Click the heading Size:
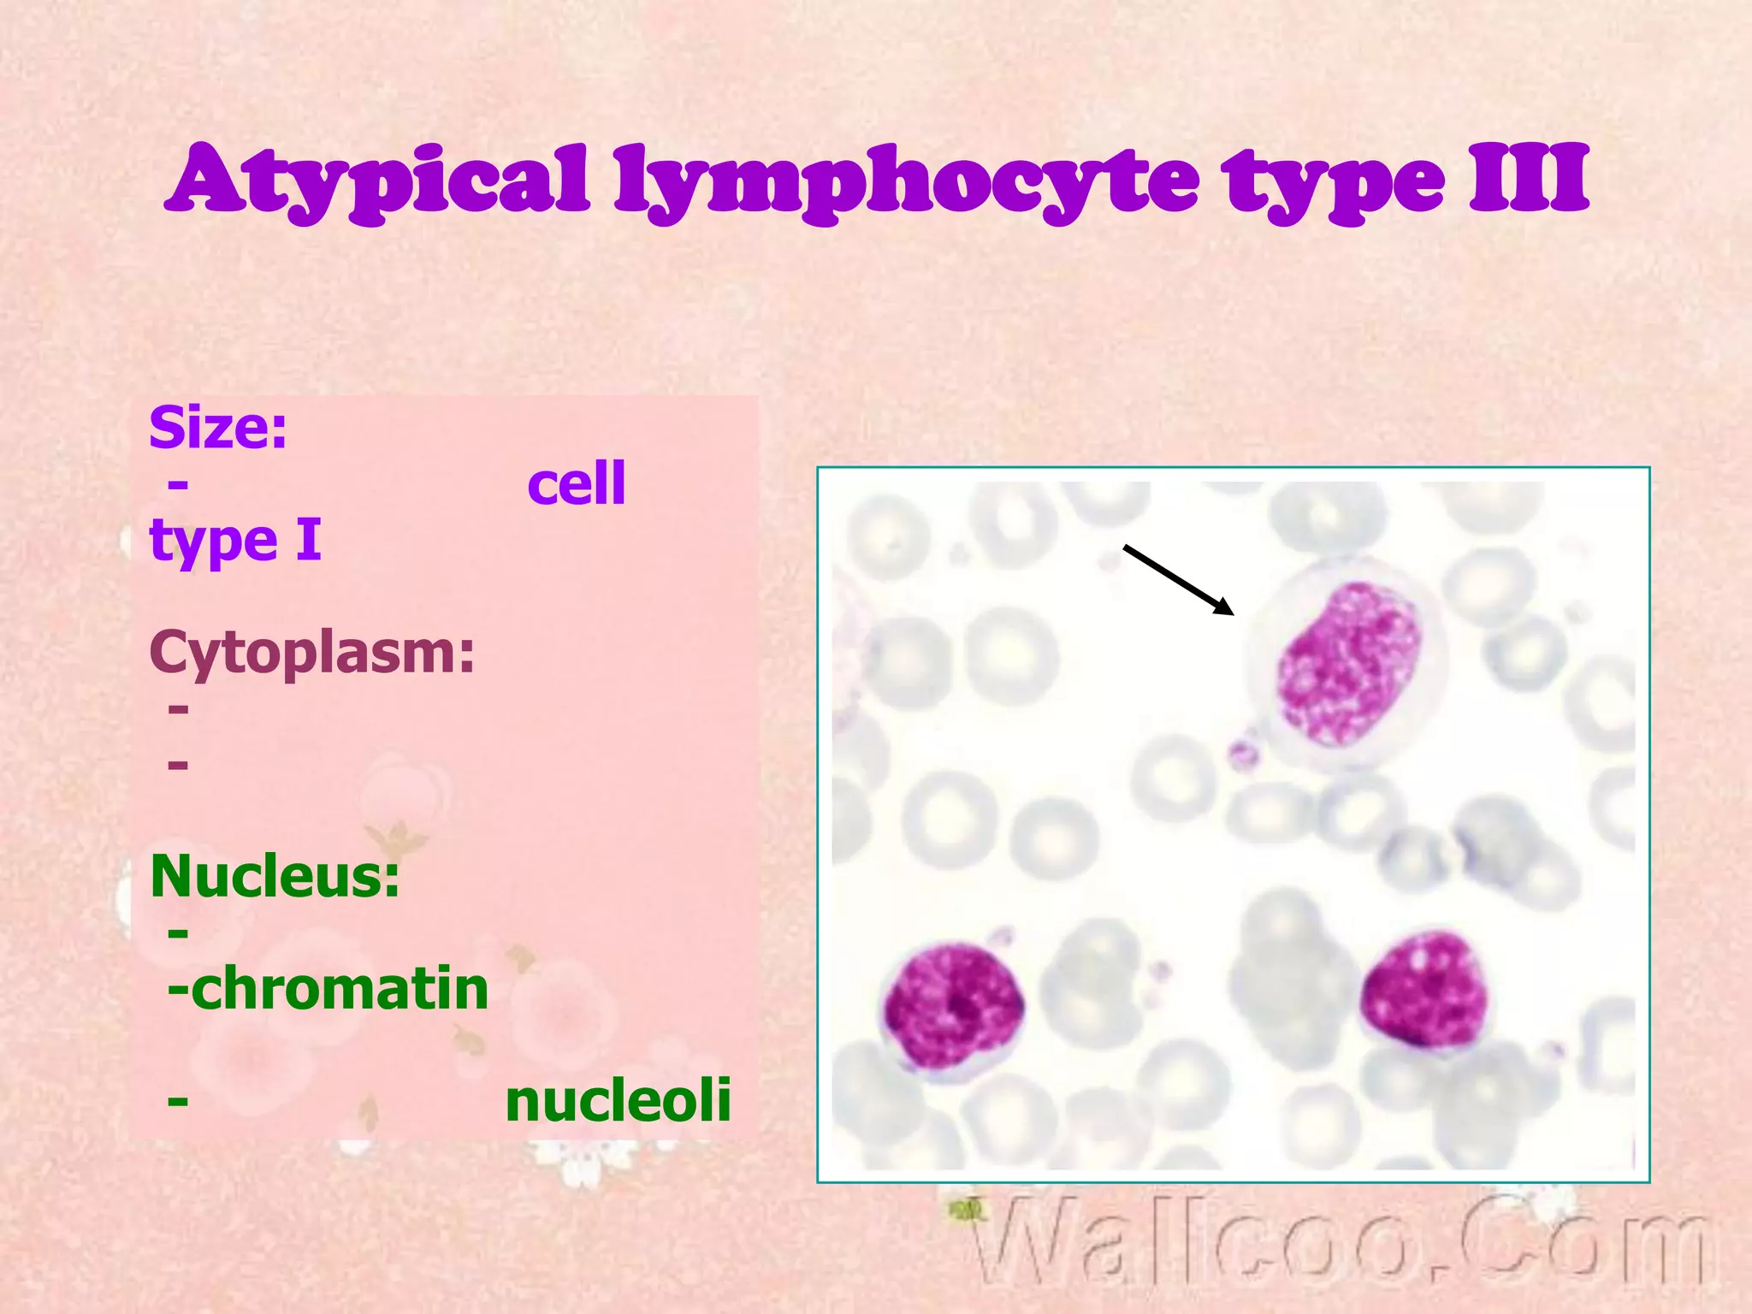[x=218, y=427]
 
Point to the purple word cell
[x=577, y=483]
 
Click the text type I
[x=235, y=541]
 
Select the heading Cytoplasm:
[x=311, y=652]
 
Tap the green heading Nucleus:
[x=275, y=876]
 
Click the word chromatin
[x=340, y=988]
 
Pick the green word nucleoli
[x=618, y=1100]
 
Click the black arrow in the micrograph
[x=1178, y=580]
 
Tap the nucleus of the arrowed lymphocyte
[x=1348, y=663]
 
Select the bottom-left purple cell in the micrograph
[x=953, y=1006]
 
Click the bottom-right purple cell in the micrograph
[x=1423, y=990]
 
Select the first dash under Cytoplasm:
[x=178, y=708]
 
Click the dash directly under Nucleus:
[x=178, y=932]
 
